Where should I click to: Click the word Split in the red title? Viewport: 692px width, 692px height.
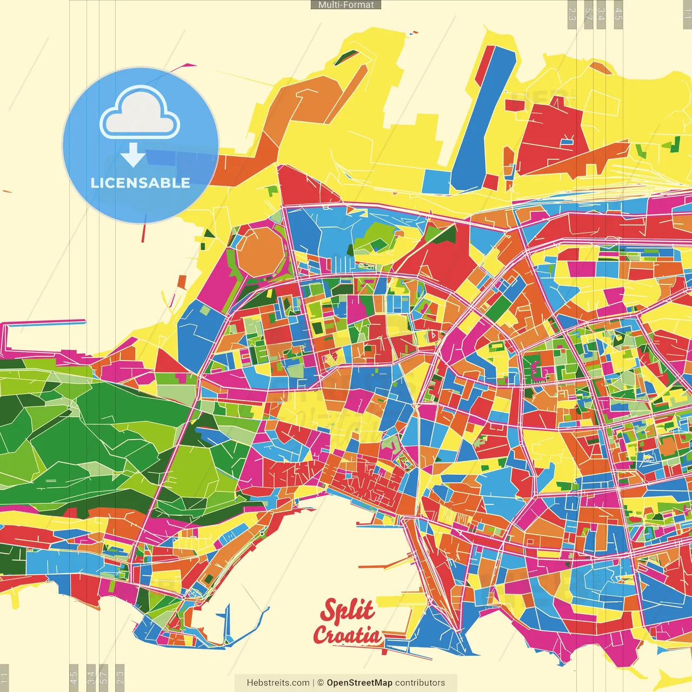click(347, 611)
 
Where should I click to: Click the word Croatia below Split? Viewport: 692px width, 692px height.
click(347, 635)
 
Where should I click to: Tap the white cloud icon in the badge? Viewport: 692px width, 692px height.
click(139, 115)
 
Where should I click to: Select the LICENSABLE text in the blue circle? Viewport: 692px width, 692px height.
click(141, 183)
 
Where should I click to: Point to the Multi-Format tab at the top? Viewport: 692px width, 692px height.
click(346, 5)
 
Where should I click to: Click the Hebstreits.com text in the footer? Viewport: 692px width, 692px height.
click(278, 683)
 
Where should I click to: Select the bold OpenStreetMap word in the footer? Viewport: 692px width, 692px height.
click(360, 683)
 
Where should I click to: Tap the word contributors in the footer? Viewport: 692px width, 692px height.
click(420, 683)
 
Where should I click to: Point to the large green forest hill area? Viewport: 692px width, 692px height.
click(81, 432)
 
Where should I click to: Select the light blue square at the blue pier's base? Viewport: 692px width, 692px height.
click(437, 182)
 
